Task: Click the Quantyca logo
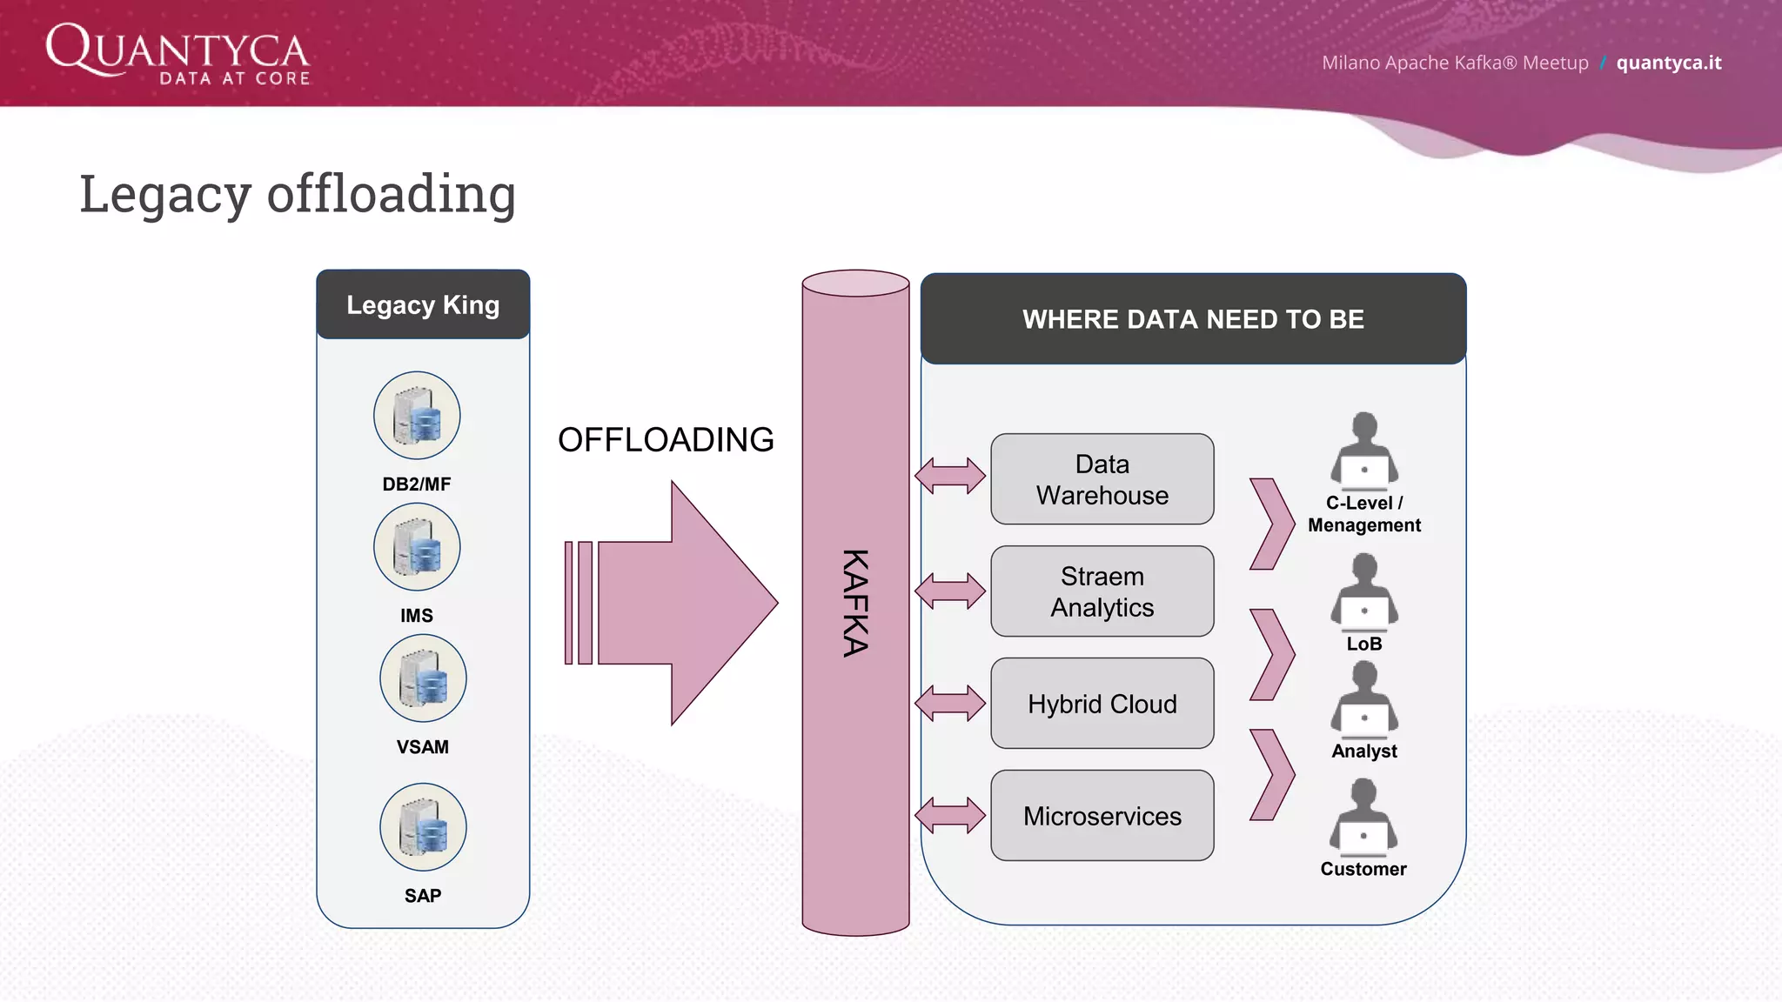[x=178, y=53]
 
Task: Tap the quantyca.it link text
[x=1668, y=63]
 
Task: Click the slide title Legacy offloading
[x=298, y=193]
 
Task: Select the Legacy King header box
[x=423, y=304]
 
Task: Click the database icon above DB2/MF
[x=417, y=416]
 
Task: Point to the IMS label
[x=417, y=616]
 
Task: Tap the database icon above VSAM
[x=423, y=678]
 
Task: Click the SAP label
[x=423, y=896]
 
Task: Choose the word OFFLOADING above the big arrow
[x=666, y=440]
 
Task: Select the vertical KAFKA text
[x=855, y=603]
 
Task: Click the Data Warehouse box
[x=1102, y=479]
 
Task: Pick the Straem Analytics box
[x=1102, y=591]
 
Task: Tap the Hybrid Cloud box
[x=1102, y=704]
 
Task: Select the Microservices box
[x=1102, y=816]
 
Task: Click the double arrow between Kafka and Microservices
[x=950, y=816]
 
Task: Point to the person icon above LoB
[x=1363, y=591]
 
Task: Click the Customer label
[x=1363, y=869]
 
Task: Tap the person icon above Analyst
[x=1363, y=698]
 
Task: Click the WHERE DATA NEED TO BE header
[x=1193, y=319]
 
